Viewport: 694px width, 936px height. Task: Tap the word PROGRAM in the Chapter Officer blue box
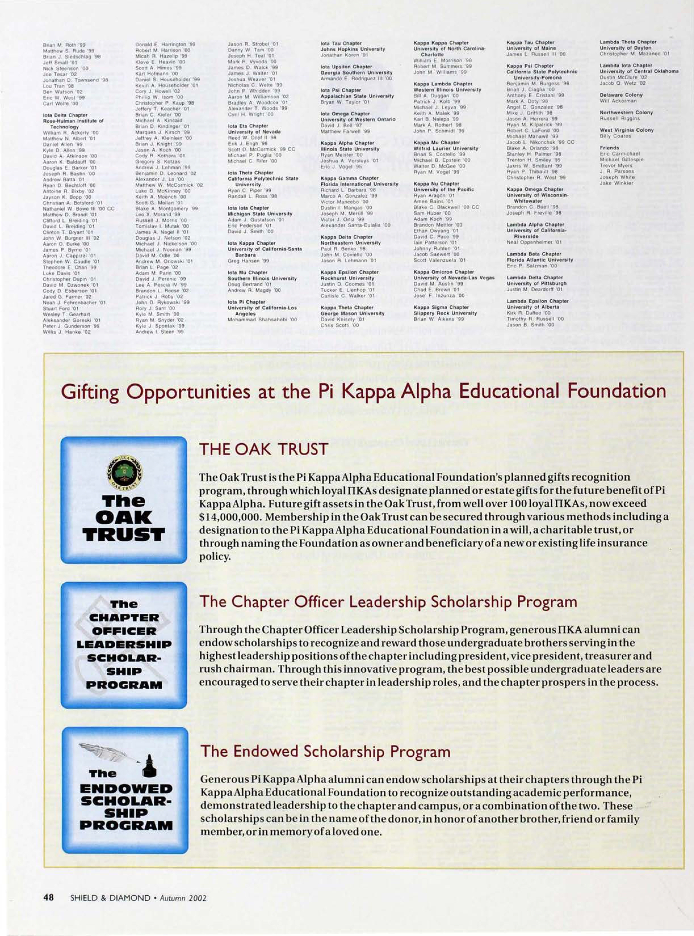(x=125, y=686)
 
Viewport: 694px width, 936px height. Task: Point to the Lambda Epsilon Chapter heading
(x=538, y=301)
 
